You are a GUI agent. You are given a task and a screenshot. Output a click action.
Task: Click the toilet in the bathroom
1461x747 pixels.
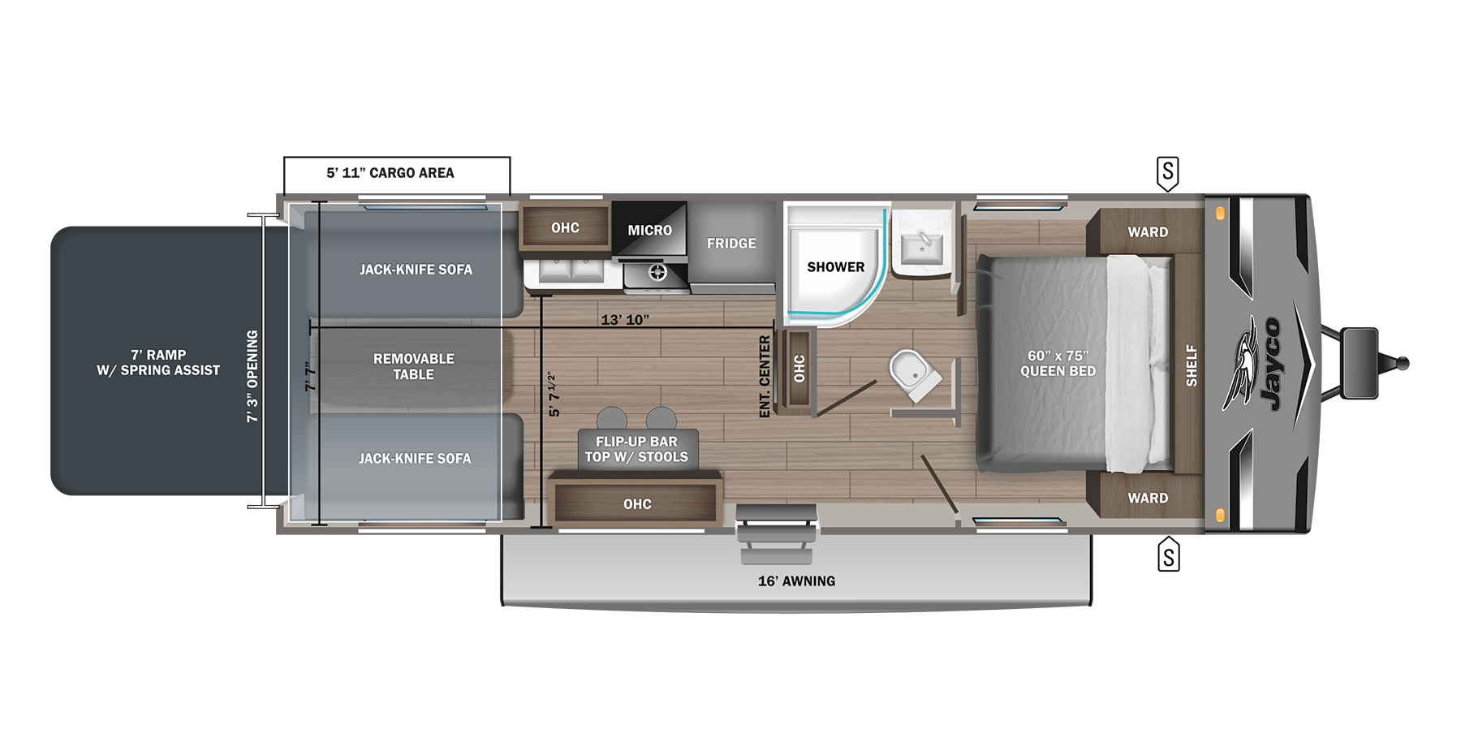coord(914,374)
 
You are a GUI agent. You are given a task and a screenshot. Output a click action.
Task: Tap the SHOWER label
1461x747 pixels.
coord(835,267)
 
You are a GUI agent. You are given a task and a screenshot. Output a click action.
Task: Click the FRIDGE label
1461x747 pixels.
coord(730,244)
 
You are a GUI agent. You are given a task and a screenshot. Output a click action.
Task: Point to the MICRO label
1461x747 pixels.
coord(649,231)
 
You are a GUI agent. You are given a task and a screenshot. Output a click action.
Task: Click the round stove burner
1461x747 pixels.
coord(657,273)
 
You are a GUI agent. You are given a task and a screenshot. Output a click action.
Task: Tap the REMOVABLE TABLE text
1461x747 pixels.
coord(413,366)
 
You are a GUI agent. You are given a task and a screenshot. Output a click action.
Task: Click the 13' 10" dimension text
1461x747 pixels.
coord(624,320)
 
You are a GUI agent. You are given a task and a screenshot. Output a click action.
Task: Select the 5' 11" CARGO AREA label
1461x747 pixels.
coord(390,173)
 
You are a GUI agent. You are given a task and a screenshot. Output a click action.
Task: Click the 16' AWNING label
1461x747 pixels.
coord(796,581)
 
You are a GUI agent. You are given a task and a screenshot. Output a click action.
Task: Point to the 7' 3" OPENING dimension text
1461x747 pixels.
coord(252,375)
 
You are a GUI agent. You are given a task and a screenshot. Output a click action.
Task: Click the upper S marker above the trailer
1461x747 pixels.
coord(1167,172)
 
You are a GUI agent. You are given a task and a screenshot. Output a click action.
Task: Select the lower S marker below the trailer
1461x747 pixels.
coord(1168,556)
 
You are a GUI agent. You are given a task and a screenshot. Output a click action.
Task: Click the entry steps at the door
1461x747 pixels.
coord(776,533)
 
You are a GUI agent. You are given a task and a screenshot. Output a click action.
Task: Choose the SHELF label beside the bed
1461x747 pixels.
coord(1191,365)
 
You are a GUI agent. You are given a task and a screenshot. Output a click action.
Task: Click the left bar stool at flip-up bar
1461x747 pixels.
coord(611,419)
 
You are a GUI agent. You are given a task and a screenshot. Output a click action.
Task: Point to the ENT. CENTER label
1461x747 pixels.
coord(764,377)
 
